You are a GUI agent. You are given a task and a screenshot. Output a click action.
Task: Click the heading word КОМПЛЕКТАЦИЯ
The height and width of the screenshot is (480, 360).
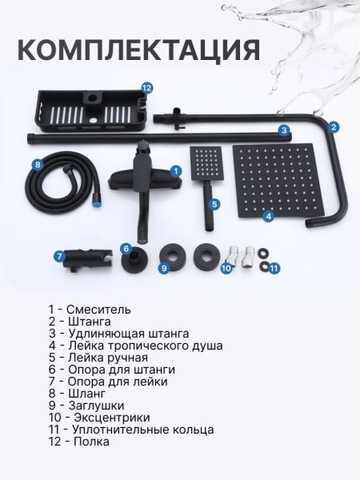pos(139,50)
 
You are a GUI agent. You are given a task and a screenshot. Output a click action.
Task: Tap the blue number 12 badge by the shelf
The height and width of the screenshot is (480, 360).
pos(147,88)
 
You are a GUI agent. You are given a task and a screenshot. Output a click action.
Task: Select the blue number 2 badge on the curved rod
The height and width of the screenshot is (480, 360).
pos(334,127)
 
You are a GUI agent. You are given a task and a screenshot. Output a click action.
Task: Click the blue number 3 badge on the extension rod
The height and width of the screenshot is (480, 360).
pos(284,130)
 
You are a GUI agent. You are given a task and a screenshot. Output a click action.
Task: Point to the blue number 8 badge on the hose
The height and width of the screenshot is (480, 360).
pos(38,165)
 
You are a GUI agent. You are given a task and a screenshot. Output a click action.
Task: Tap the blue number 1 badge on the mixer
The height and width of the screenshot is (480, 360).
pos(175,171)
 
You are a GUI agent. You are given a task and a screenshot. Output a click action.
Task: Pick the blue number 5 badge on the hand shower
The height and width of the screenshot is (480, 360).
pos(214,204)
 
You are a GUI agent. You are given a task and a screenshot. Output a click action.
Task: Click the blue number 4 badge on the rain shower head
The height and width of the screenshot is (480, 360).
pos(268,216)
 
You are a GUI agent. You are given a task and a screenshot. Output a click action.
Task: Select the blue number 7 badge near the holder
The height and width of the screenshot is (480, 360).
pos(60,256)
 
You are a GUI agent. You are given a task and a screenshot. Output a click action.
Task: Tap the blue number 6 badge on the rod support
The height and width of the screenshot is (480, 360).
pos(126,249)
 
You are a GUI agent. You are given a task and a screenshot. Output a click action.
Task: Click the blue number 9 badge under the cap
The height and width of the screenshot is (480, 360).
pos(164,268)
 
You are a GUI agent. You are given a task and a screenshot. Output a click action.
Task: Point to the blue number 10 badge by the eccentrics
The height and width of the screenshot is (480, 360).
pos(227,269)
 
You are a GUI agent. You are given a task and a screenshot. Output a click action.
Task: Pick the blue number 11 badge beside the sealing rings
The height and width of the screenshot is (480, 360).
pos(274,269)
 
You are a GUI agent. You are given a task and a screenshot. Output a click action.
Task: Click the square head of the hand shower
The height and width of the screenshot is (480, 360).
pos(206,163)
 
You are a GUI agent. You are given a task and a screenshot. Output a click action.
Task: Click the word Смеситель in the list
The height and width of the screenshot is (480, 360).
pos(98,310)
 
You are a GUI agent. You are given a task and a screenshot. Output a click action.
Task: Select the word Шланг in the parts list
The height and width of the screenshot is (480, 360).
pos(87,394)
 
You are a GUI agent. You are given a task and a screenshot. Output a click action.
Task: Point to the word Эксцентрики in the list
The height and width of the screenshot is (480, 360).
pos(112,418)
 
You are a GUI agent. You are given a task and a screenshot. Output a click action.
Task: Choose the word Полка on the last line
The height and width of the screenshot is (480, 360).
pos(91,442)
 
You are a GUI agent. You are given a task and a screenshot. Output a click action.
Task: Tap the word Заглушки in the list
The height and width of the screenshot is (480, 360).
pos(96,406)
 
